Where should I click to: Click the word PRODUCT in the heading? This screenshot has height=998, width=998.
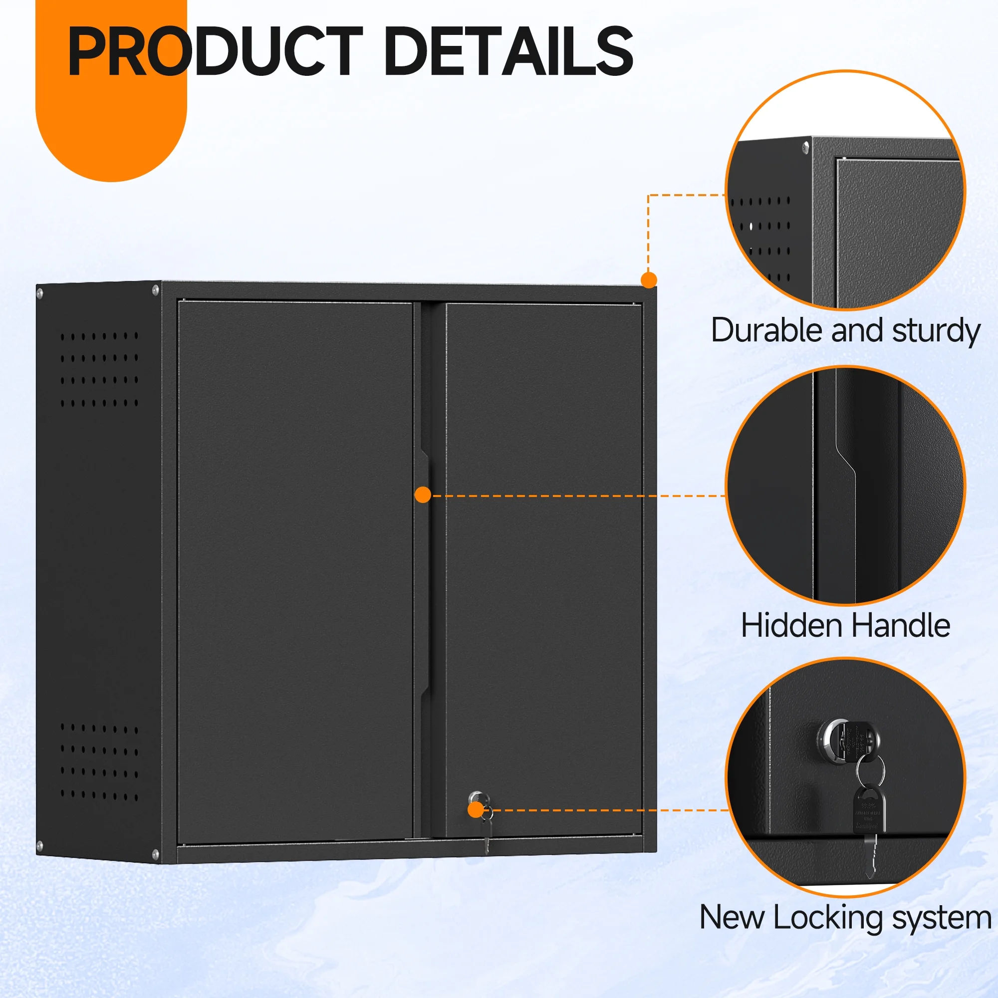(215, 52)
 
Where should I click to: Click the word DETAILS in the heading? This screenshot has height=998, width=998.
(509, 52)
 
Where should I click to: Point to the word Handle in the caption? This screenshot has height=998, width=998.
(901, 626)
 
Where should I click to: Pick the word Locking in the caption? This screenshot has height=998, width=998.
(828, 918)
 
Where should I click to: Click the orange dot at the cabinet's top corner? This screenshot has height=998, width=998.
(649, 280)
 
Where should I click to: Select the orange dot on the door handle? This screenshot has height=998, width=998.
(423, 495)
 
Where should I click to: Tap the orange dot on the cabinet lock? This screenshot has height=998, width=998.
(475, 810)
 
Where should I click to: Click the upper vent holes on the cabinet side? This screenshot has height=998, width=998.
(99, 369)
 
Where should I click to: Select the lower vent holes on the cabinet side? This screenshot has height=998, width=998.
(99, 761)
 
